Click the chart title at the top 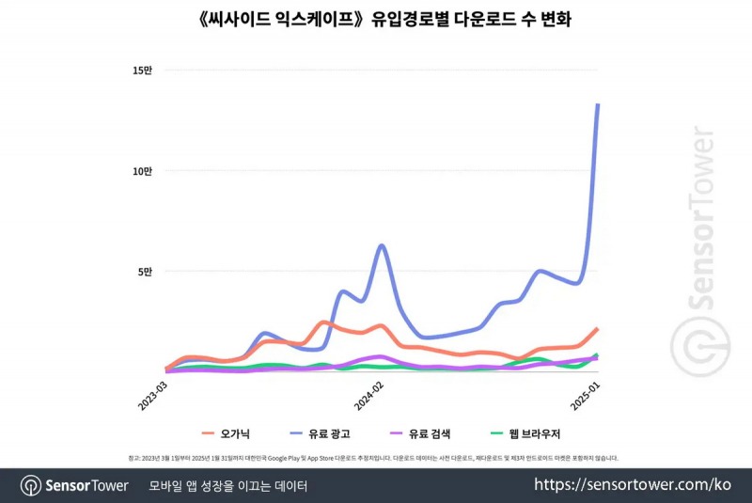[x=375, y=18]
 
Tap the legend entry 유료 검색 [x=431, y=433]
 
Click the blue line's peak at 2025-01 [x=598, y=104]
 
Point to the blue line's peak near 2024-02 [x=382, y=245]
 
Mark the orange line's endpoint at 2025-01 [x=598, y=329]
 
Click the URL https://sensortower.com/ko [x=633, y=485]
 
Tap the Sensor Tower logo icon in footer [x=31, y=485]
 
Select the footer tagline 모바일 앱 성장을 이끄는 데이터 [x=228, y=485]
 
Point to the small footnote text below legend [x=375, y=458]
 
